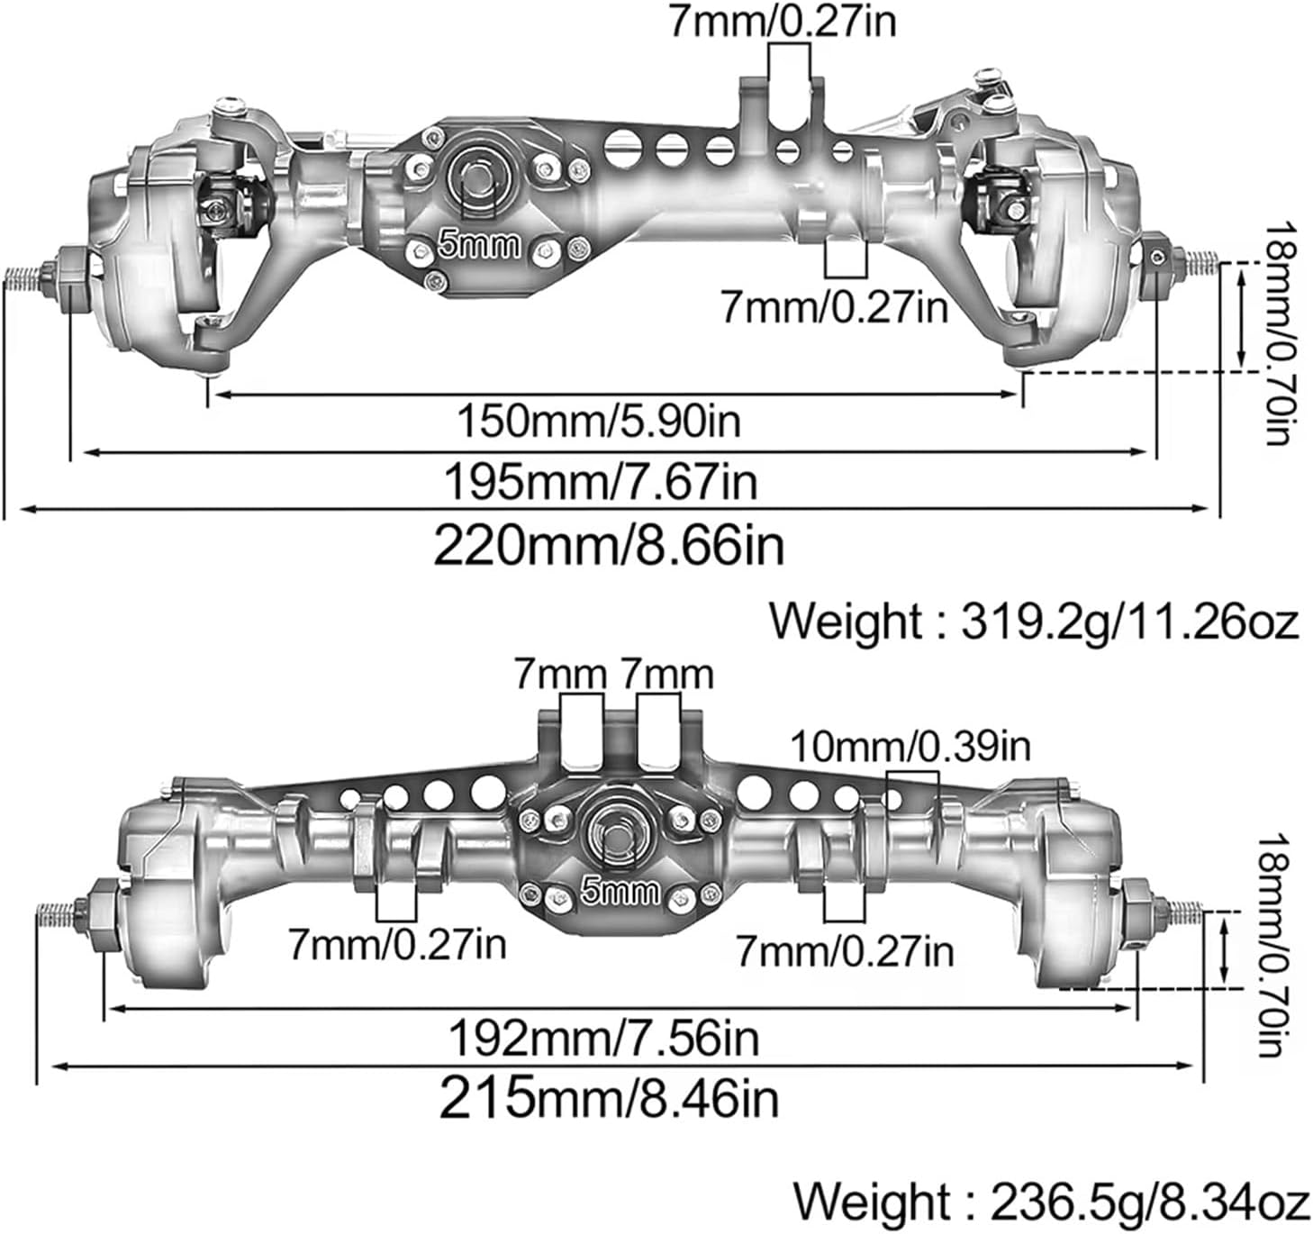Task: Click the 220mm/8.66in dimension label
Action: point(609,545)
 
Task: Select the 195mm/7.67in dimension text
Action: point(601,483)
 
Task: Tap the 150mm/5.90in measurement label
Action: point(599,421)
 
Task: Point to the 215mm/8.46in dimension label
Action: point(609,1098)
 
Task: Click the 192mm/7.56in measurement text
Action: point(603,1038)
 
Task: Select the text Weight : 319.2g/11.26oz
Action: point(1033,622)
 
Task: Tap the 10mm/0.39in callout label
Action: point(910,747)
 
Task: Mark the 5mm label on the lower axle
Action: point(620,892)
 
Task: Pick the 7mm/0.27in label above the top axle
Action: point(782,22)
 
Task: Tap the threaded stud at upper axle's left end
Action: point(24,277)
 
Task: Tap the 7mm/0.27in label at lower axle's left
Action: point(397,944)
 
